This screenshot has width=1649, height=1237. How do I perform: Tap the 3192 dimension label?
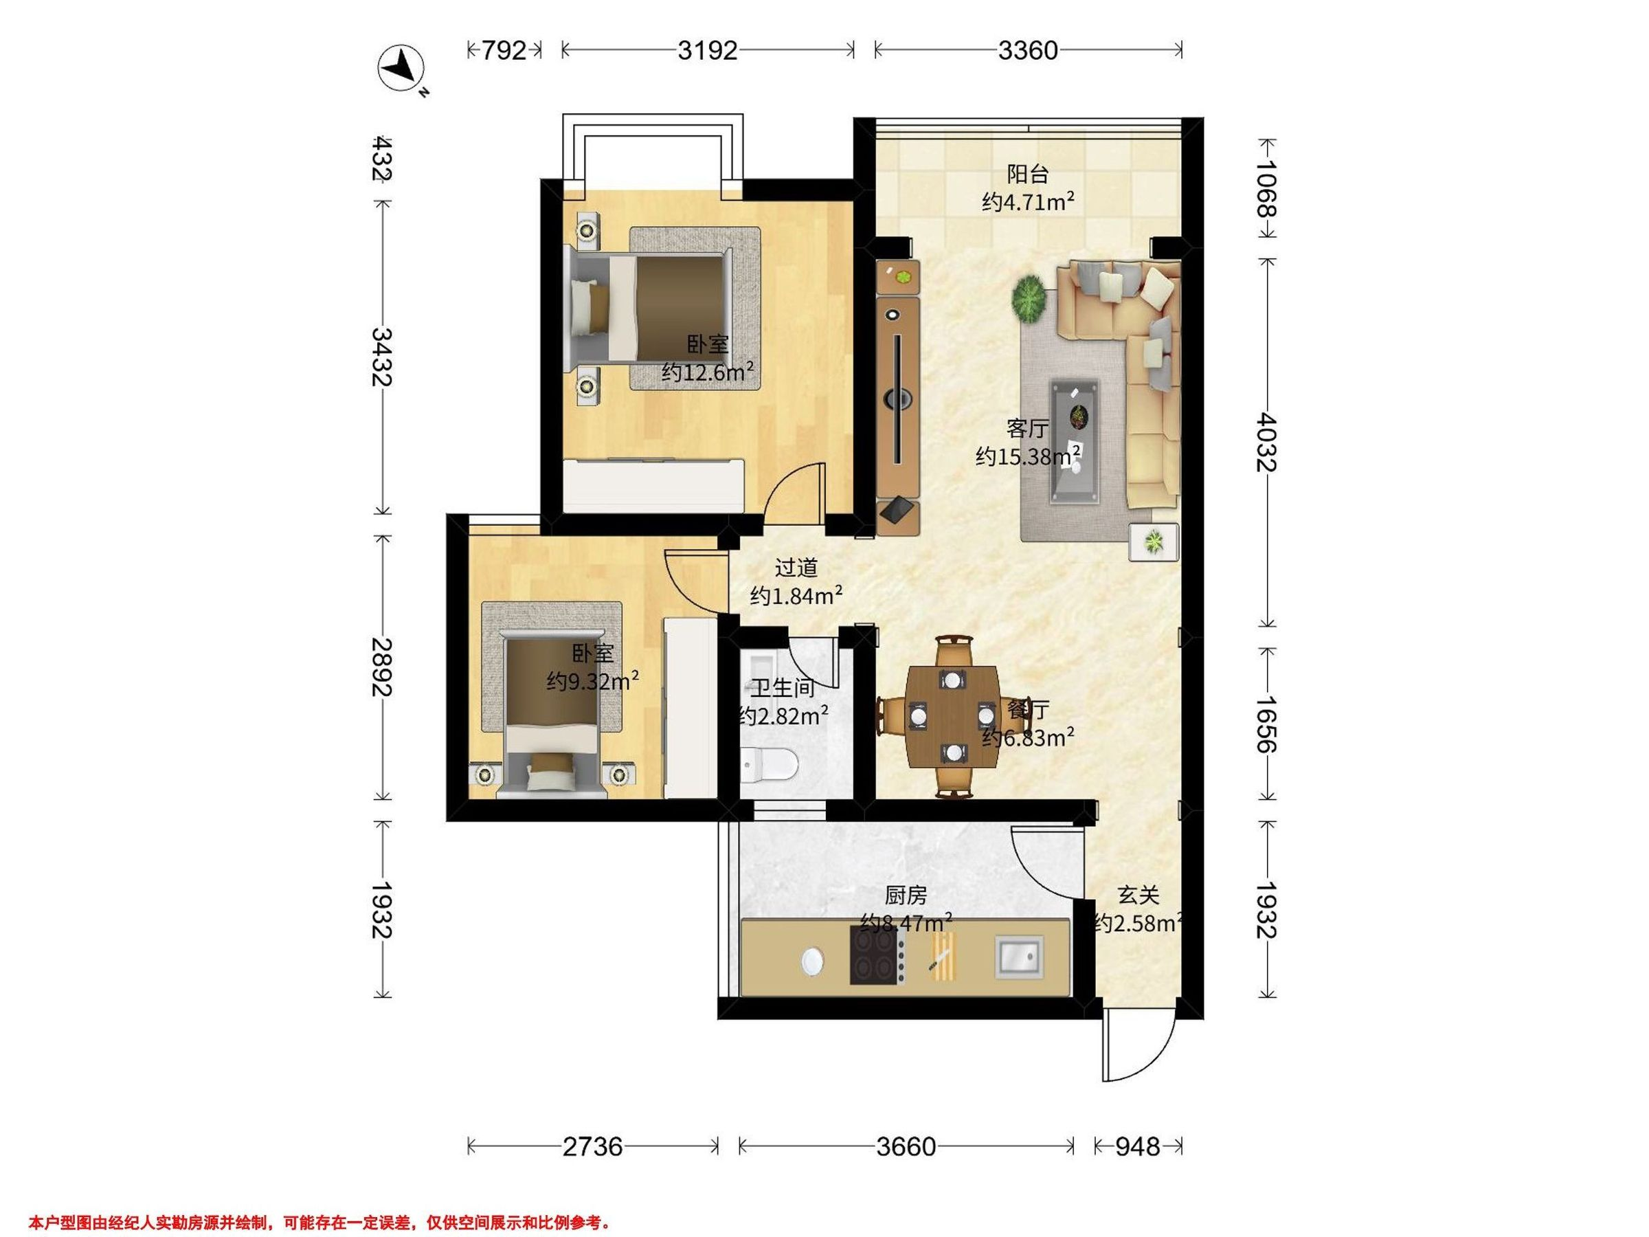pyautogui.click(x=708, y=50)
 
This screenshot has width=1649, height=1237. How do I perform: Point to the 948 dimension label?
pyautogui.click(x=1138, y=1146)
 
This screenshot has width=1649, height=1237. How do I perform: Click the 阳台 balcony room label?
pyautogui.click(x=1028, y=175)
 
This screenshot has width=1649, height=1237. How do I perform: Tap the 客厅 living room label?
pyautogui.click(x=1027, y=429)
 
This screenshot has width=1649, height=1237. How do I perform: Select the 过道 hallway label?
pyautogui.click(x=796, y=568)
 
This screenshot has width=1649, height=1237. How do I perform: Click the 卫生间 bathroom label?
pyautogui.click(x=782, y=687)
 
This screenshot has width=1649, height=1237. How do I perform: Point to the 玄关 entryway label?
pyautogui.click(x=1138, y=895)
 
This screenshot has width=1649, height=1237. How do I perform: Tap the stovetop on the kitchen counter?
pyautogui.click(x=879, y=955)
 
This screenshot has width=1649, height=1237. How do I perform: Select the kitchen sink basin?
pyautogui.click(x=1019, y=957)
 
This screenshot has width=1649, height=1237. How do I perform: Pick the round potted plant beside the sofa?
pyautogui.click(x=1029, y=299)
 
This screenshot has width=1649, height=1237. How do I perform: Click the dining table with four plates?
pyautogui.click(x=953, y=717)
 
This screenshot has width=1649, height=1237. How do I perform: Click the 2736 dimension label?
pyautogui.click(x=593, y=1146)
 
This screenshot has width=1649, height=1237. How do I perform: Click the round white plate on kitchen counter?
pyautogui.click(x=813, y=962)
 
